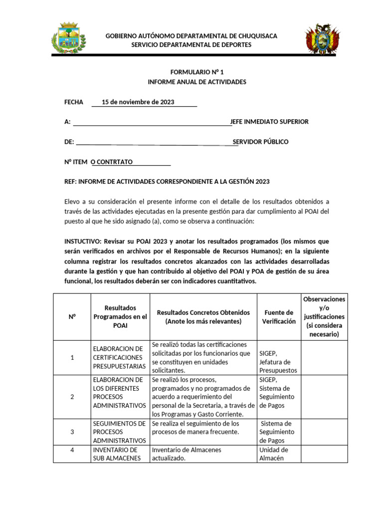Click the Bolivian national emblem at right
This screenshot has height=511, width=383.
322,39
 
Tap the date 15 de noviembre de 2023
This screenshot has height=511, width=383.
138,102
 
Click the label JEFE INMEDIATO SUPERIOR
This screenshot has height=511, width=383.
269,122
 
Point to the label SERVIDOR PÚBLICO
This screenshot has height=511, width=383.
260,142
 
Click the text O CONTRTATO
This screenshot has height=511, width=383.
111,162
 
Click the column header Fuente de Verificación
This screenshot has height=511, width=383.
279,317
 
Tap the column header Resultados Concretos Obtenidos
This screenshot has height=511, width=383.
203,317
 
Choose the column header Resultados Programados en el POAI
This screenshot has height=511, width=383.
120,317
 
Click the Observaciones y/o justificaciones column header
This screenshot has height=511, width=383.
324,317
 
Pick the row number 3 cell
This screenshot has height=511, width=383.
72,432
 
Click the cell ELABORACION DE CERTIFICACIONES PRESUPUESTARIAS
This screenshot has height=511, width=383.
120,357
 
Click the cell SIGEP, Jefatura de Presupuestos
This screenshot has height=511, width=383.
278,362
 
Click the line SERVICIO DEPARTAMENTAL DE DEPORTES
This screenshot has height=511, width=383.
191,45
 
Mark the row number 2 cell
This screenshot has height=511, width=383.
72,397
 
